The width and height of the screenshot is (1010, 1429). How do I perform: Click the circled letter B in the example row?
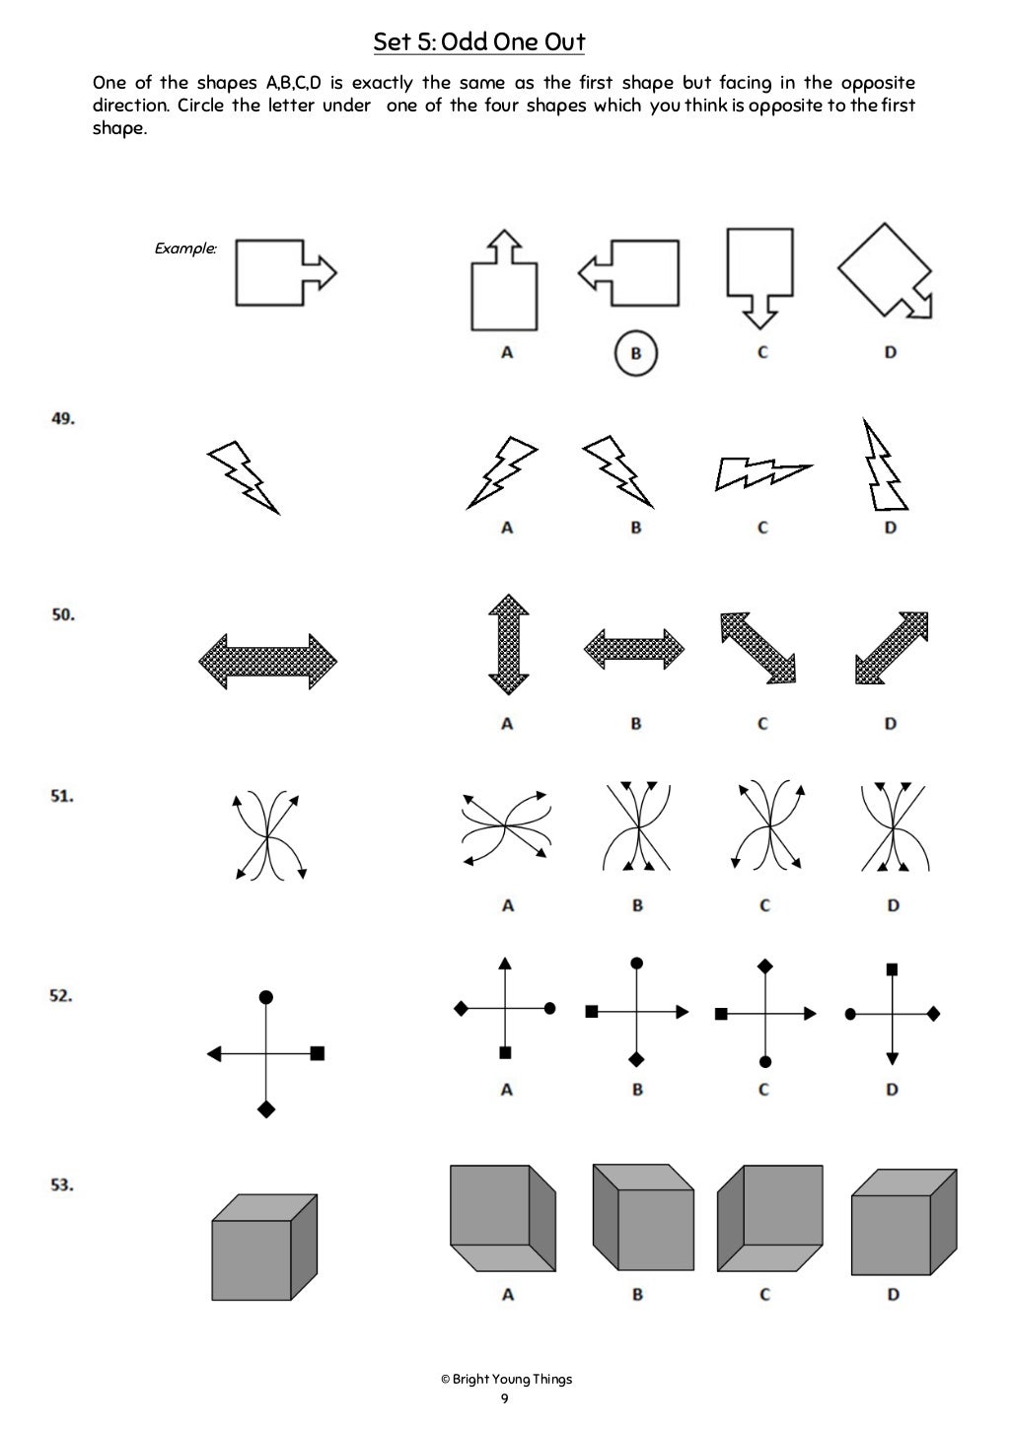point(636,353)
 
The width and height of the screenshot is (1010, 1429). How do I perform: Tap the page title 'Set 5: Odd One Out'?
point(479,42)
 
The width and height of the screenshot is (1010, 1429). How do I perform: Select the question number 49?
point(63,418)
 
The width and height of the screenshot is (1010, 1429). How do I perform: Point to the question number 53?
point(63,1184)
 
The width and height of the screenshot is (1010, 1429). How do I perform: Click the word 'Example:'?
point(185,249)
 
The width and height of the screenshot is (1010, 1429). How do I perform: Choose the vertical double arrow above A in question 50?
point(509,644)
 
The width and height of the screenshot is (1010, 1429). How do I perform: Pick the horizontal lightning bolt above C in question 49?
point(761,473)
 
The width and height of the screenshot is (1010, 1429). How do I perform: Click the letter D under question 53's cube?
point(893,1294)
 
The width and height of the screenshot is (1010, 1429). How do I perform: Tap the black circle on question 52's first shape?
point(265,997)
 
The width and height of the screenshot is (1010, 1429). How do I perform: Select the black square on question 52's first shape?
point(317,1053)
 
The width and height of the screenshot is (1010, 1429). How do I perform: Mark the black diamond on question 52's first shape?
point(265,1109)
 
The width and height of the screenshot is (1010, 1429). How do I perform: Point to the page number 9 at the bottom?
point(505,1398)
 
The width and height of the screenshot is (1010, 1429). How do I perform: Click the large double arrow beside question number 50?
point(268,661)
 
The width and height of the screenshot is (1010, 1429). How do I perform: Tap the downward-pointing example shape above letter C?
point(759,276)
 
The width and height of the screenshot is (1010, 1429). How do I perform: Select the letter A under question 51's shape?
point(507,905)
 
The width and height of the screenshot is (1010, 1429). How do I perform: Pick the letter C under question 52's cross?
point(763,1090)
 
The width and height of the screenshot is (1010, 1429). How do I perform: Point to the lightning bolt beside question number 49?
point(243,476)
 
